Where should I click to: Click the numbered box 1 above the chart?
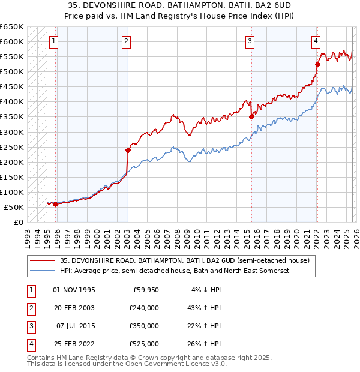(54, 41)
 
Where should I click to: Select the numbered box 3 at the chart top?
(250, 41)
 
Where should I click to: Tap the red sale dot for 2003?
(128, 150)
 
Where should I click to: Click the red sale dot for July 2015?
(251, 117)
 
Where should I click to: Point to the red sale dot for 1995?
(56, 204)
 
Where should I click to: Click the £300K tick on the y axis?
(13, 132)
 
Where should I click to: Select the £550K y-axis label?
(13, 57)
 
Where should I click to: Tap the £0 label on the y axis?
(19, 222)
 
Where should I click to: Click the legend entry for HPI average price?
(175, 271)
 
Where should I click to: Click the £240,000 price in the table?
(144, 308)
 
